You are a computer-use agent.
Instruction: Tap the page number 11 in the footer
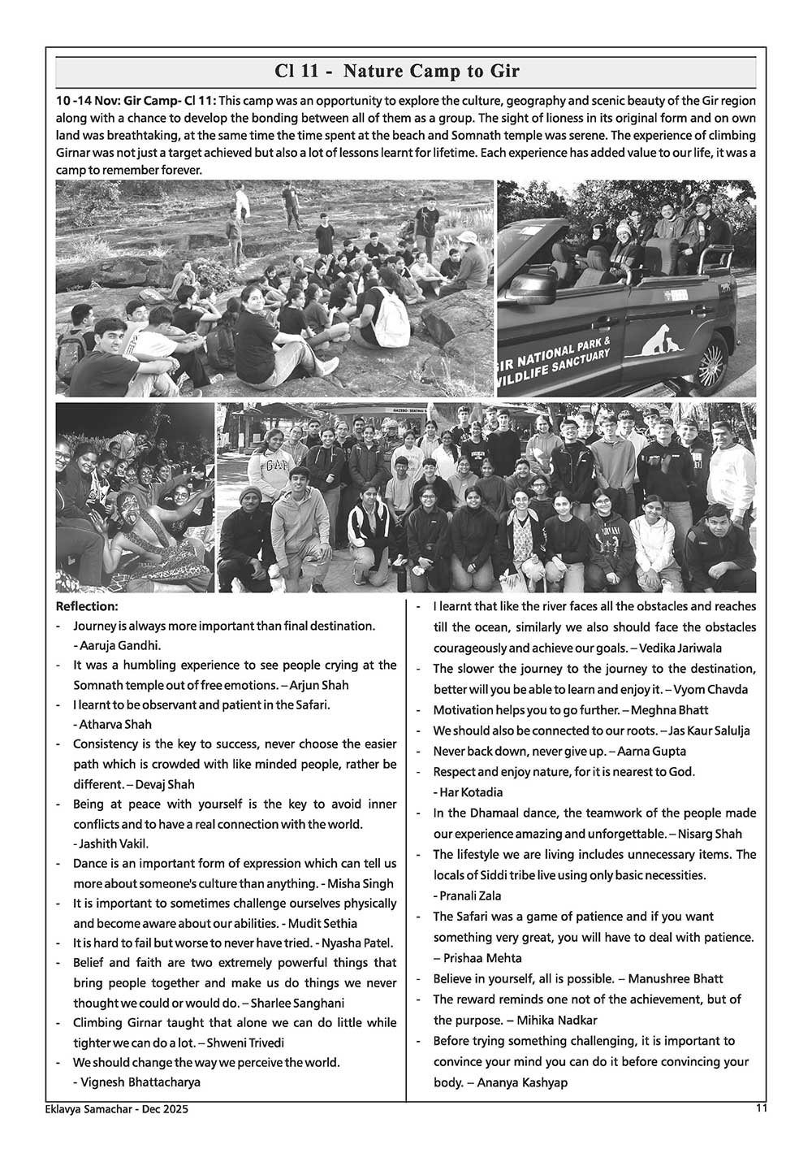coord(761,1107)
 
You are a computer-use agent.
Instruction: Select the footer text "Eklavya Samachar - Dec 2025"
coord(117,1108)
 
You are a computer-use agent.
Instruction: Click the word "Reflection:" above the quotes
coord(87,606)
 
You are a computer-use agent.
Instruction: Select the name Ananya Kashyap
coord(522,1082)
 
